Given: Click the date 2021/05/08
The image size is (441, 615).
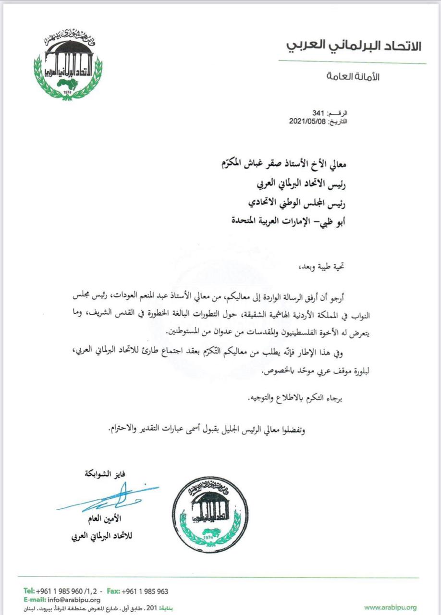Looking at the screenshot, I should (307, 122).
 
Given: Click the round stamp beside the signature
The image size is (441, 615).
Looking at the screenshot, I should (207, 515).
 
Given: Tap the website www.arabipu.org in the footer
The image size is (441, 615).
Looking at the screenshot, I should (390, 607).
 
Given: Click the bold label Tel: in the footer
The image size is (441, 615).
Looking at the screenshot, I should (29, 591).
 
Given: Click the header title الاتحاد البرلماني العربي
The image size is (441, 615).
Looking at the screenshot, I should (355, 46).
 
